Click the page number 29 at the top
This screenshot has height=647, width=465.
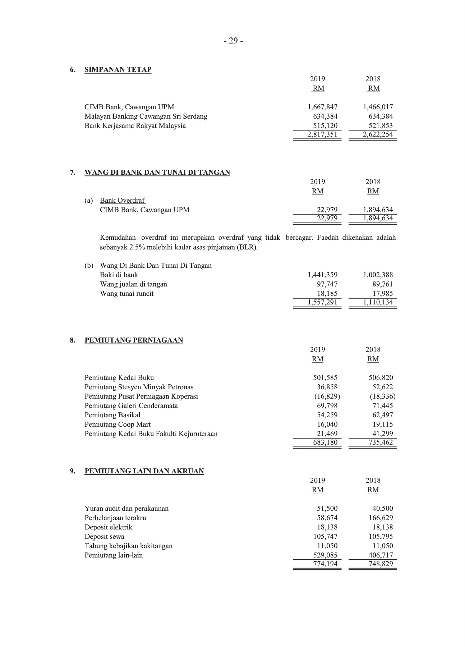click(x=233, y=41)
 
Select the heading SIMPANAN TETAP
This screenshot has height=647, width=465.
click(x=118, y=70)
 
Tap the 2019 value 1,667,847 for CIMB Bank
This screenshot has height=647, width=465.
click(x=322, y=107)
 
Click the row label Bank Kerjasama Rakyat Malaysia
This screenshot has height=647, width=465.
click(x=135, y=126)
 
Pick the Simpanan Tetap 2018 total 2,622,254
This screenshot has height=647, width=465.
click(x=378, y=135)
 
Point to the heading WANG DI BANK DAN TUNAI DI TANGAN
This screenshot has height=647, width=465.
click(x=157, y=173)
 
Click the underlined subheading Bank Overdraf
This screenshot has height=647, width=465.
click(x=123, y=201)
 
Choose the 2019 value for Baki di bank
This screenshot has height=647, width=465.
click(x=322, y=275)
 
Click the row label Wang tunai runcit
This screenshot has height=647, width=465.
click(x=126, y=294)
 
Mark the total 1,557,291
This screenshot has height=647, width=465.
click(x=322, y=302)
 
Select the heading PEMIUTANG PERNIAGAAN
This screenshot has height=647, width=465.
click(x=134, y=340)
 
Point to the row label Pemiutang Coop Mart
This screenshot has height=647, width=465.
click(x=118, y=425)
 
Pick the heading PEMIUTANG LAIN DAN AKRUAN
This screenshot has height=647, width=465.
click(x=144, y=471)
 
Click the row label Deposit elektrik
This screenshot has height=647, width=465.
click(x=108, y=527)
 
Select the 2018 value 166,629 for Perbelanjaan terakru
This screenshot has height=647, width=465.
click(x=381, y=518)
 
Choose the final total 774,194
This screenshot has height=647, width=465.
click(x=325, y=564)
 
